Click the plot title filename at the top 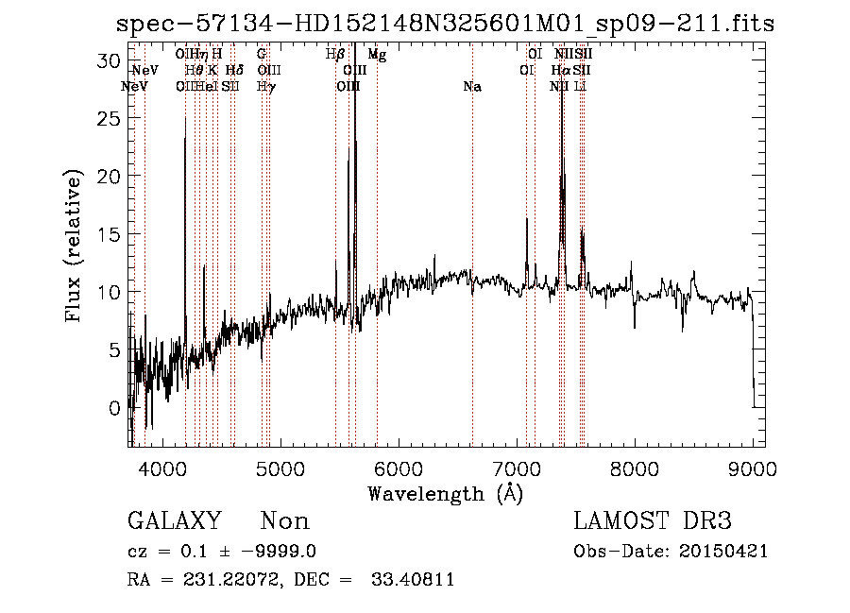(x=445, y=24)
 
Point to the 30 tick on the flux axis (x=113, y=60)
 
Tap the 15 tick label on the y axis (x=113, y=233)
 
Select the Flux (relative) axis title (x=75, y=246)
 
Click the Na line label (x=472, y=87)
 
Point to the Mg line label (x=377, y=55)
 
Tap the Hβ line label (x=335, y=55)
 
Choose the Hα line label (x=561, y=71)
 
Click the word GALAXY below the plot (x=175, y=521)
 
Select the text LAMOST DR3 (x=653, y=521)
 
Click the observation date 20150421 (x=728, y=552)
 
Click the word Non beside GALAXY (x=284, y=521)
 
